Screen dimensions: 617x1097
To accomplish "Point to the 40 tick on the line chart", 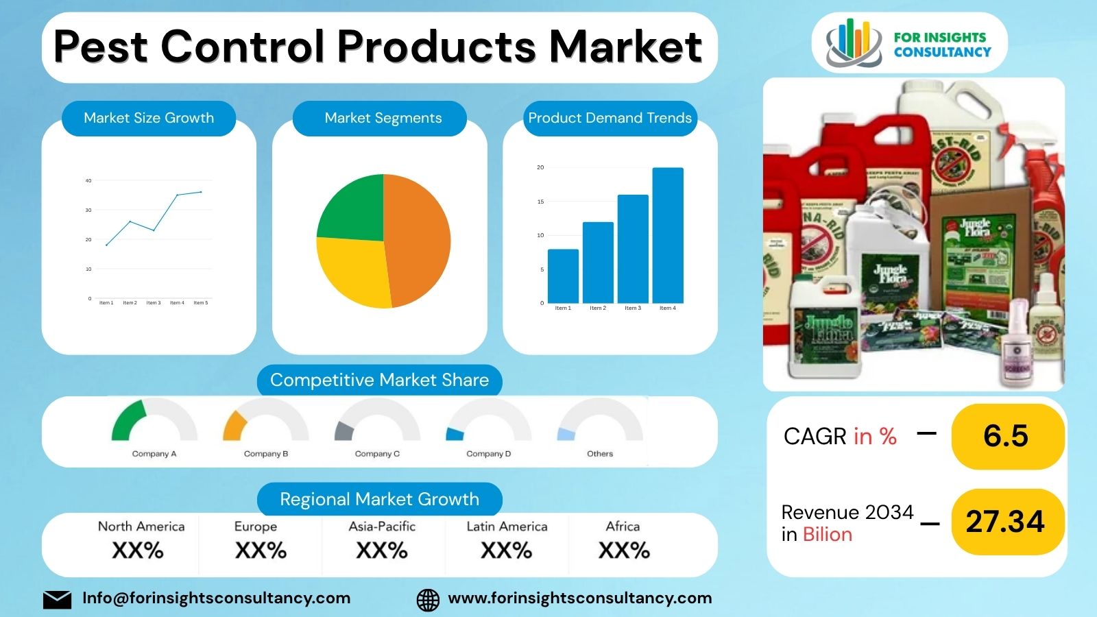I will coord(88,181).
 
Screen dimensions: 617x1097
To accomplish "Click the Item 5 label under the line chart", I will coord(200,302).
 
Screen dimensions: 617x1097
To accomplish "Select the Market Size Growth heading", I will coord(149,118).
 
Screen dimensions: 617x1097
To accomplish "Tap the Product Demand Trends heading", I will coord(610,118).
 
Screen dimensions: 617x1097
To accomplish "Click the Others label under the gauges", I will coord(600,454).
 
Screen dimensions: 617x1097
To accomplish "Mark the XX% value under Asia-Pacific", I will coord(382,551).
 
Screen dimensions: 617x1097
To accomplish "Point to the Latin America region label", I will coord(507,527).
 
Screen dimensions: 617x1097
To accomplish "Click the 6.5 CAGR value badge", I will coord(1006,436).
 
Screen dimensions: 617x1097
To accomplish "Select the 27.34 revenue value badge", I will coord(1006,522).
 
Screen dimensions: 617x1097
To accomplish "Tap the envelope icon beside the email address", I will coord(57,599).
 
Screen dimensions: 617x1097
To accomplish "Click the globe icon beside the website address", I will coord(428,599).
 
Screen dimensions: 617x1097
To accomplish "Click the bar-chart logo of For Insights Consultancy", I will coord(852,43).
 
